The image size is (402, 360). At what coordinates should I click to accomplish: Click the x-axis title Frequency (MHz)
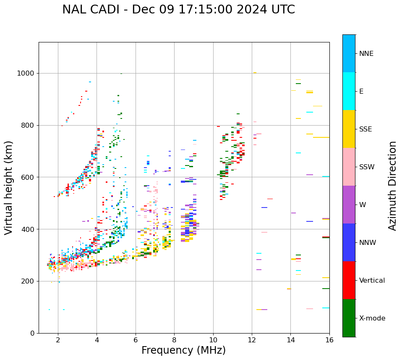tap(183, 350)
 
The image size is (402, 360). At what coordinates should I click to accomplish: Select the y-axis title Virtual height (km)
tap(9, 188)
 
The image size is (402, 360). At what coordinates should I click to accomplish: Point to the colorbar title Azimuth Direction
tap(392, 186)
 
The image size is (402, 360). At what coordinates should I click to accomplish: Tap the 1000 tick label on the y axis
tap(25, 74)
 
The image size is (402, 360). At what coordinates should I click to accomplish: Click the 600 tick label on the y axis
tap(28, 177)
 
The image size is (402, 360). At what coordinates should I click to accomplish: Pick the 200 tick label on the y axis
tap(28, 281)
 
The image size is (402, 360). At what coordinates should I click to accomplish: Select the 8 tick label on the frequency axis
tap(174, 340)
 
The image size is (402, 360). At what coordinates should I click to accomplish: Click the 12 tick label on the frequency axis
tap(252, 340)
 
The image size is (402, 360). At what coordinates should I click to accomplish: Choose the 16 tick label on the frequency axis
tap(329, 340)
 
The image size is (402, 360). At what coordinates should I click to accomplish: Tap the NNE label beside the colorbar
tap(366, 54)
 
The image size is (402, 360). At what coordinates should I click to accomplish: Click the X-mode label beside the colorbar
tap(372, 318)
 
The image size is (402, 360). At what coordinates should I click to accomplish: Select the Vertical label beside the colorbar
tap(372, 281)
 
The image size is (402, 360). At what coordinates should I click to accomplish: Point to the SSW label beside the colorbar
tap(367, 167)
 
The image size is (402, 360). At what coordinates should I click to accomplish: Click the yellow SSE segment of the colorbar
tap(349, 129)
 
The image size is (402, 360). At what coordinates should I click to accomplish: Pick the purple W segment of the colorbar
tap(349, 205)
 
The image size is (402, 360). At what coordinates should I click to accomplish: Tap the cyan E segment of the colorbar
tap(349, 91)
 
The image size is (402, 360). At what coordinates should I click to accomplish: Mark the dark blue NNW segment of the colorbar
tap(349, 242)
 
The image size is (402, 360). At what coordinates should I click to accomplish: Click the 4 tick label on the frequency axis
tap(97, 340)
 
